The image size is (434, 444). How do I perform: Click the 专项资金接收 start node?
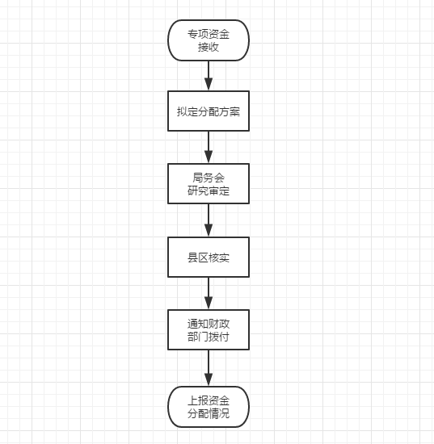point(209,40)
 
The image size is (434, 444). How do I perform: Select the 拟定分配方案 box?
point(209,111)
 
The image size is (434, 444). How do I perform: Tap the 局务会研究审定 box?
point(209,183)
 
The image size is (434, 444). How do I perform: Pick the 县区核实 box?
point(209,257)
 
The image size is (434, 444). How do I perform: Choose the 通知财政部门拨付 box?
point(209,329)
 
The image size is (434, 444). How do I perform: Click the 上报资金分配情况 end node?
point(209,407)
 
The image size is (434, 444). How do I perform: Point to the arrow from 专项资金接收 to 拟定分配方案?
point(209,76)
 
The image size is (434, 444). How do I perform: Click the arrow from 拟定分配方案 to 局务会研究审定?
point(209,147)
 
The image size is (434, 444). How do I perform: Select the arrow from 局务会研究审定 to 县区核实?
point(209,220)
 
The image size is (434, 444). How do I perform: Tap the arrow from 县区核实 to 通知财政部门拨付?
point(209,293)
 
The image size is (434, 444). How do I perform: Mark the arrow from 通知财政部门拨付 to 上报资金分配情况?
point(209,368)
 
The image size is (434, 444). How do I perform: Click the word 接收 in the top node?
point(209,47)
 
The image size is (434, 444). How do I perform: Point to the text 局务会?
point(209,178)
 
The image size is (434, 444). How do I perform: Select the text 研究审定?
point(209,191)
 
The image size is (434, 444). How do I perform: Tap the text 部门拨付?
point(209,337)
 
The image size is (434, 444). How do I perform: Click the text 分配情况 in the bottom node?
point(209,413)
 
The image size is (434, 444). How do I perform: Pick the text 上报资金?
point(209,400)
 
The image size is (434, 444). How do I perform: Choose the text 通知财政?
point(209,324)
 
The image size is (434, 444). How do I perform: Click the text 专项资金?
point(209,34)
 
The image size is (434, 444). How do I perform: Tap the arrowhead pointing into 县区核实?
point(209,231)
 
